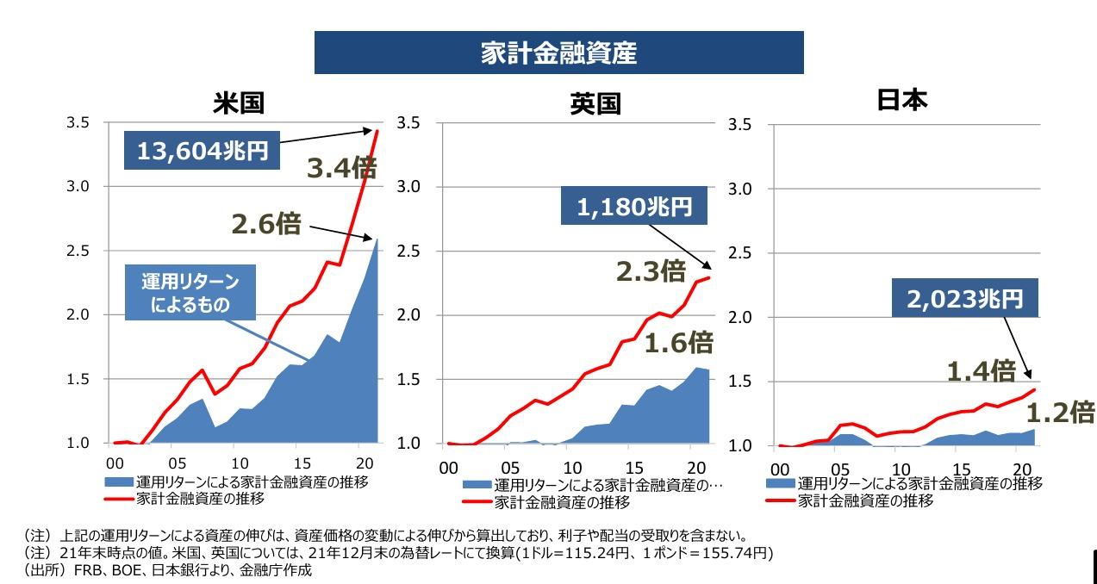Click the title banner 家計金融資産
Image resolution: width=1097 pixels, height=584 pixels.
558,53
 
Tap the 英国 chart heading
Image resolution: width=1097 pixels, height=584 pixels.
595,104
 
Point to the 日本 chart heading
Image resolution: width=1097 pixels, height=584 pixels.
901,100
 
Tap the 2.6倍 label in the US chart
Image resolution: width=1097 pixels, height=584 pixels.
266,224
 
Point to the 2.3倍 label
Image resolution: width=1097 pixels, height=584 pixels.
651,271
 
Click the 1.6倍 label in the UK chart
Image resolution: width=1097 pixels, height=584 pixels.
680,343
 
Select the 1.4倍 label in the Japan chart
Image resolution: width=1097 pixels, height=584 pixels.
981,371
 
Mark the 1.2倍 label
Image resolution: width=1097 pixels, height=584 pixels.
1060,413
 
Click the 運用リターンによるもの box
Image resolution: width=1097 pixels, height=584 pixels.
190,293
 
